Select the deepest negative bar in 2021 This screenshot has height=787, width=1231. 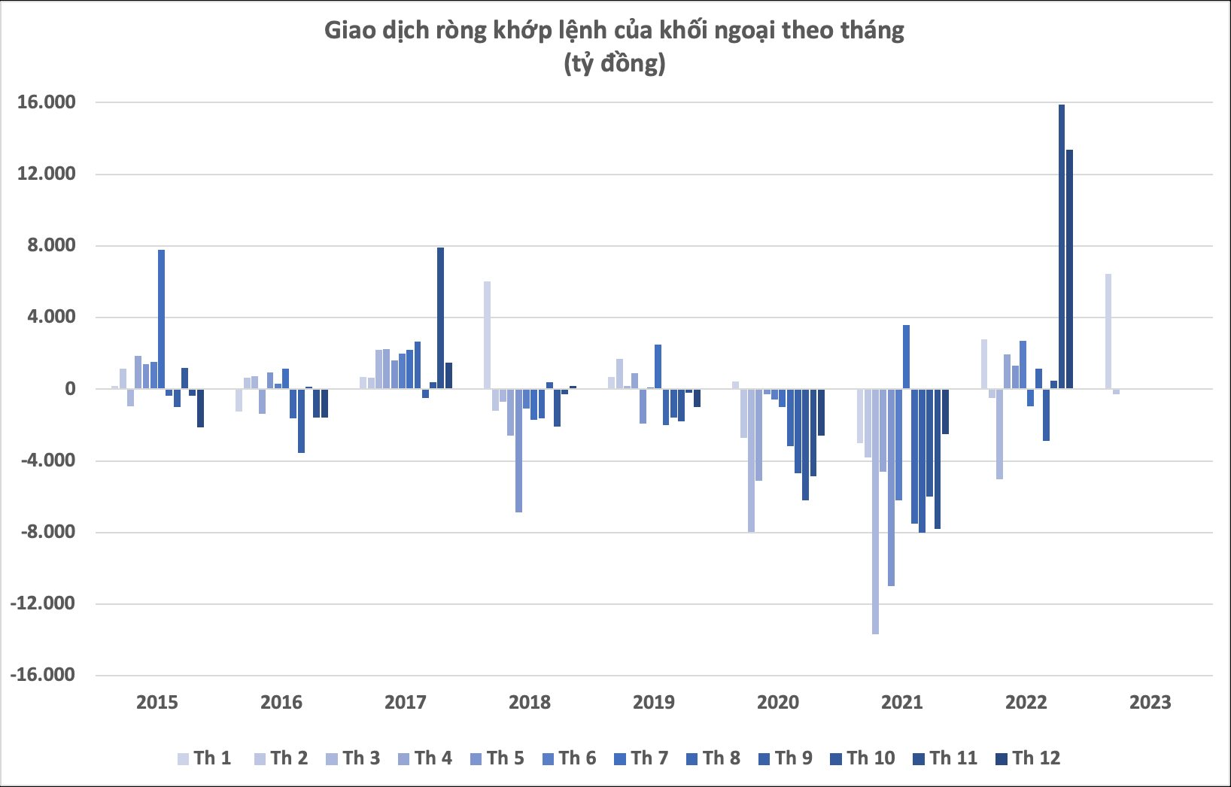[x=875, y=512]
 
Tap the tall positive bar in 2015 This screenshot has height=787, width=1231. [x=161, y=319]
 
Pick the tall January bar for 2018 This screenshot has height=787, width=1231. [x=487, y=335]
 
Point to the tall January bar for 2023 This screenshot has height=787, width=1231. [x=1108, y=331]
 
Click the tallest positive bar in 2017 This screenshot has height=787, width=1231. [x=440, y=318]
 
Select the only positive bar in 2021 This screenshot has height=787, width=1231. [x=906, y=357]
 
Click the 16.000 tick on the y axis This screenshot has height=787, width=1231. [x=47, y=102]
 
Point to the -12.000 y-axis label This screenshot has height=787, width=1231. [x=43, y=603]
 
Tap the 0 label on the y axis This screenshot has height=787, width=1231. [x=70, y=389]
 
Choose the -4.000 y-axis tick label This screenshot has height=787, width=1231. [x=47, y=460]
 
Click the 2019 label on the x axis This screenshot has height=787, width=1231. [x=653, y=703]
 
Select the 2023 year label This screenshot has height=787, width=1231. [x=1150, y=703]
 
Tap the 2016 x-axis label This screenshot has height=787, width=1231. [x=281, y=703]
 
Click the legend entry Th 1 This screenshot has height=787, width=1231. [x=204, y=758]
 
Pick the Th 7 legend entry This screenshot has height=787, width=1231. [x=641, y=758]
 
